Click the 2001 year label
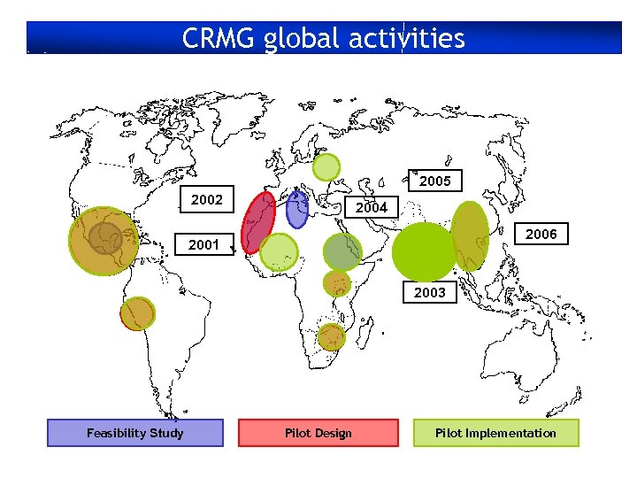click(x=204, y=245)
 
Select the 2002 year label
click(x=207, y=200)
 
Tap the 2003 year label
click(x=430, y=292)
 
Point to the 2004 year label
click(x=371, y=208)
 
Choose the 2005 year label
click(x=434, y=181)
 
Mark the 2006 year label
click(x=541, y=235)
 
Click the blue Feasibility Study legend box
click(x=134, y=433)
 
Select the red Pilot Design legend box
click(x=318, y=433)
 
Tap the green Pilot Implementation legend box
click(x=495, y=433)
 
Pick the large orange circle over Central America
click(x=104, y=241)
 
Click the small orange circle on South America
click(x=138, y=313)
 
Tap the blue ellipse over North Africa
click(x=297, y=210)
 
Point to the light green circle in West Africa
click(x=280, y=252)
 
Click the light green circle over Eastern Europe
click(x=326, y=166)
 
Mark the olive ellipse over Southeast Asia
click(x=469, y=235)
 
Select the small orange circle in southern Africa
click(x=331, y=336)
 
